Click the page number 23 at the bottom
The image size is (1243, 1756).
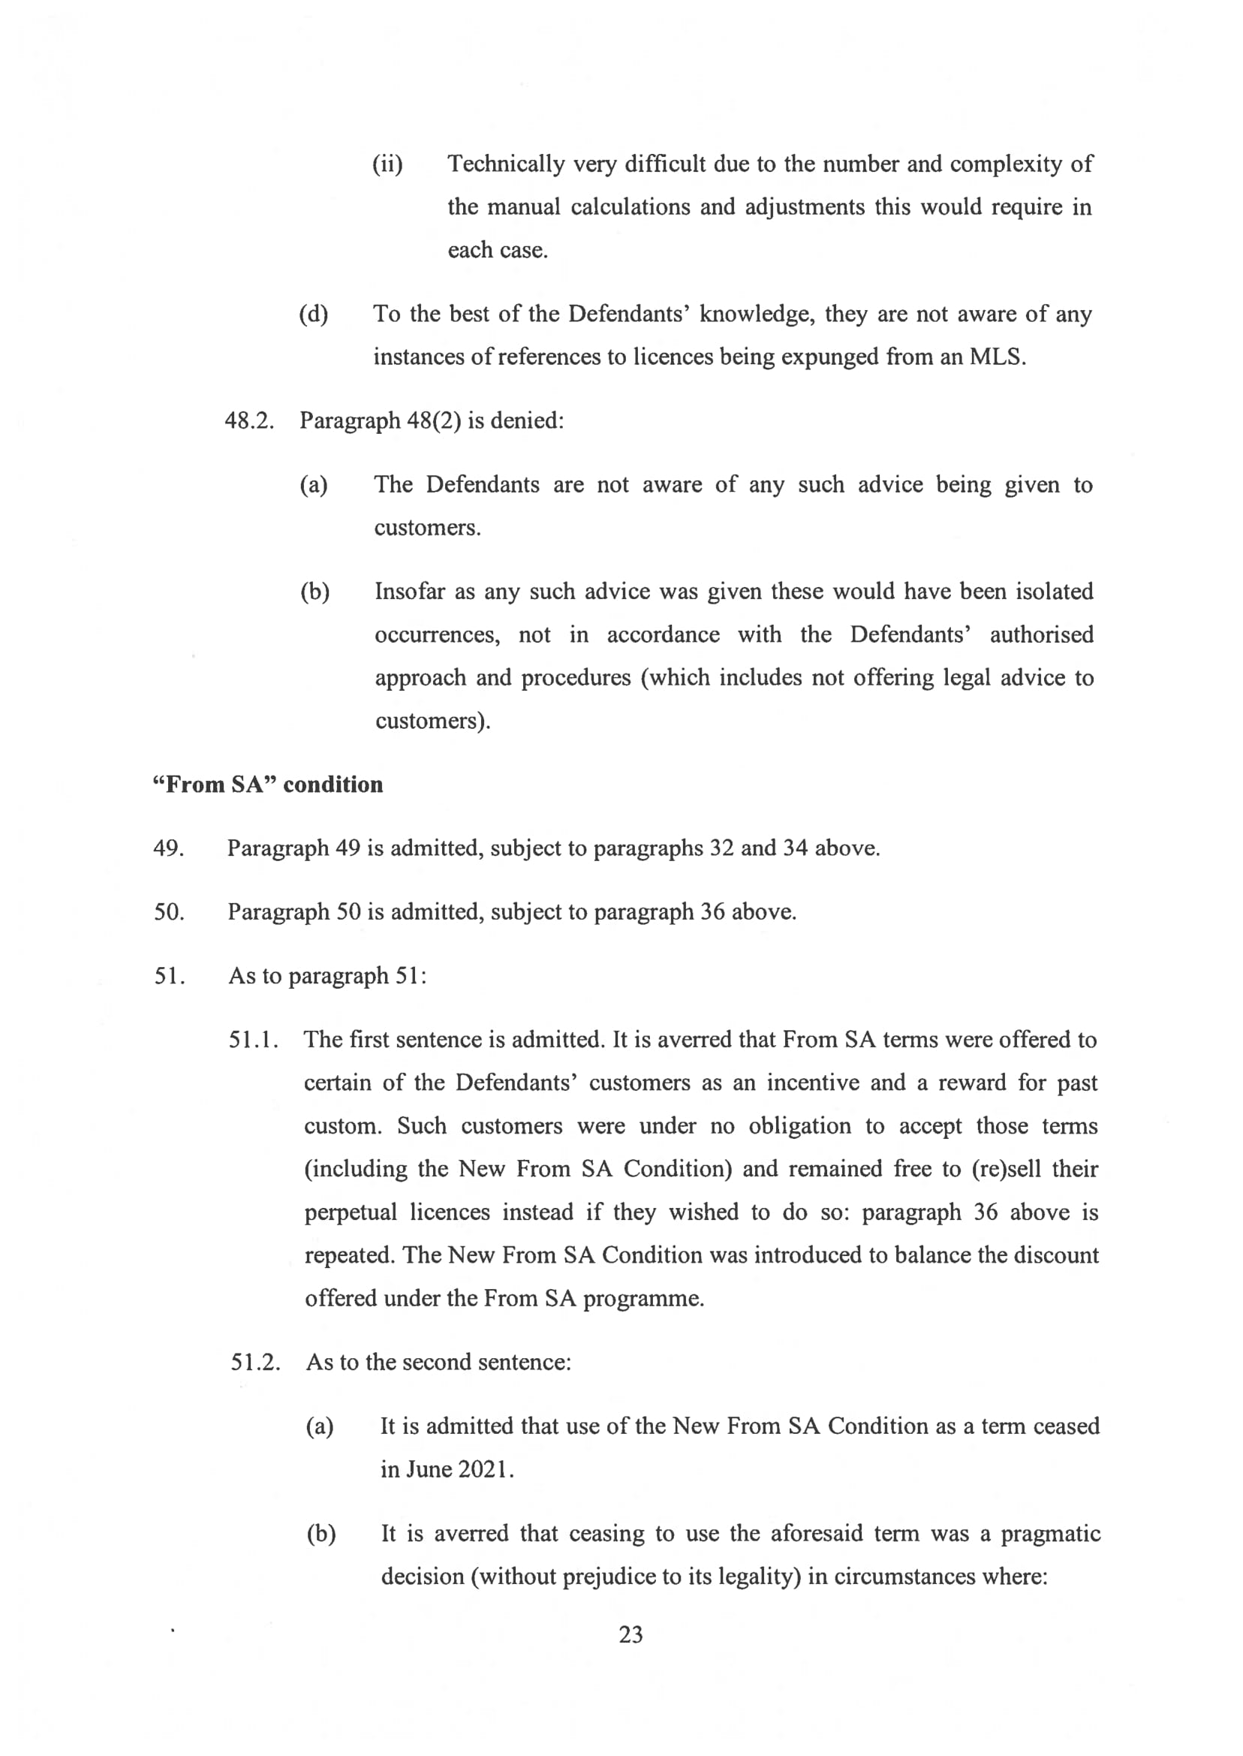tap(631, 1634)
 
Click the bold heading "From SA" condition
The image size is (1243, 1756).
tap(268, 785)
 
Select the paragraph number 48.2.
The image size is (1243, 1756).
tap(248, 421)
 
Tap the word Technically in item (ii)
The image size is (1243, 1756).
tap(506, 164)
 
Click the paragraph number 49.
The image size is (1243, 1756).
tap(168, 848)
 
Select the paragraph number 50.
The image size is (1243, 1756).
tap(168, 911)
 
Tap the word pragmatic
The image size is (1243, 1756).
tap(1050, 1533)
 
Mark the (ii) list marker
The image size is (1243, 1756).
tap(387, 164)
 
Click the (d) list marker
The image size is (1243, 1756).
tap(313, 315)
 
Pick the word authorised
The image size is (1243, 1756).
tap(1041, 634)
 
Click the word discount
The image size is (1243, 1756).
tap(1056, 1255)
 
